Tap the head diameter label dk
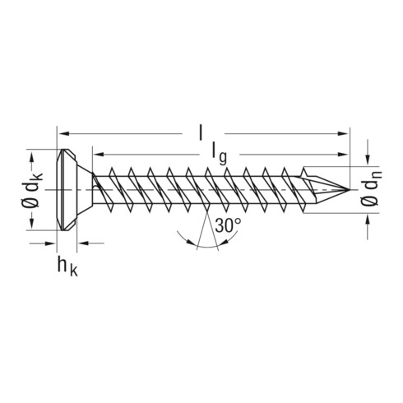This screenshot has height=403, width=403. point(33,190)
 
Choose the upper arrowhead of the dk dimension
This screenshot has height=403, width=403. point(33,153)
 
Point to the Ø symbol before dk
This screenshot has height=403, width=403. point(32,211)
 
